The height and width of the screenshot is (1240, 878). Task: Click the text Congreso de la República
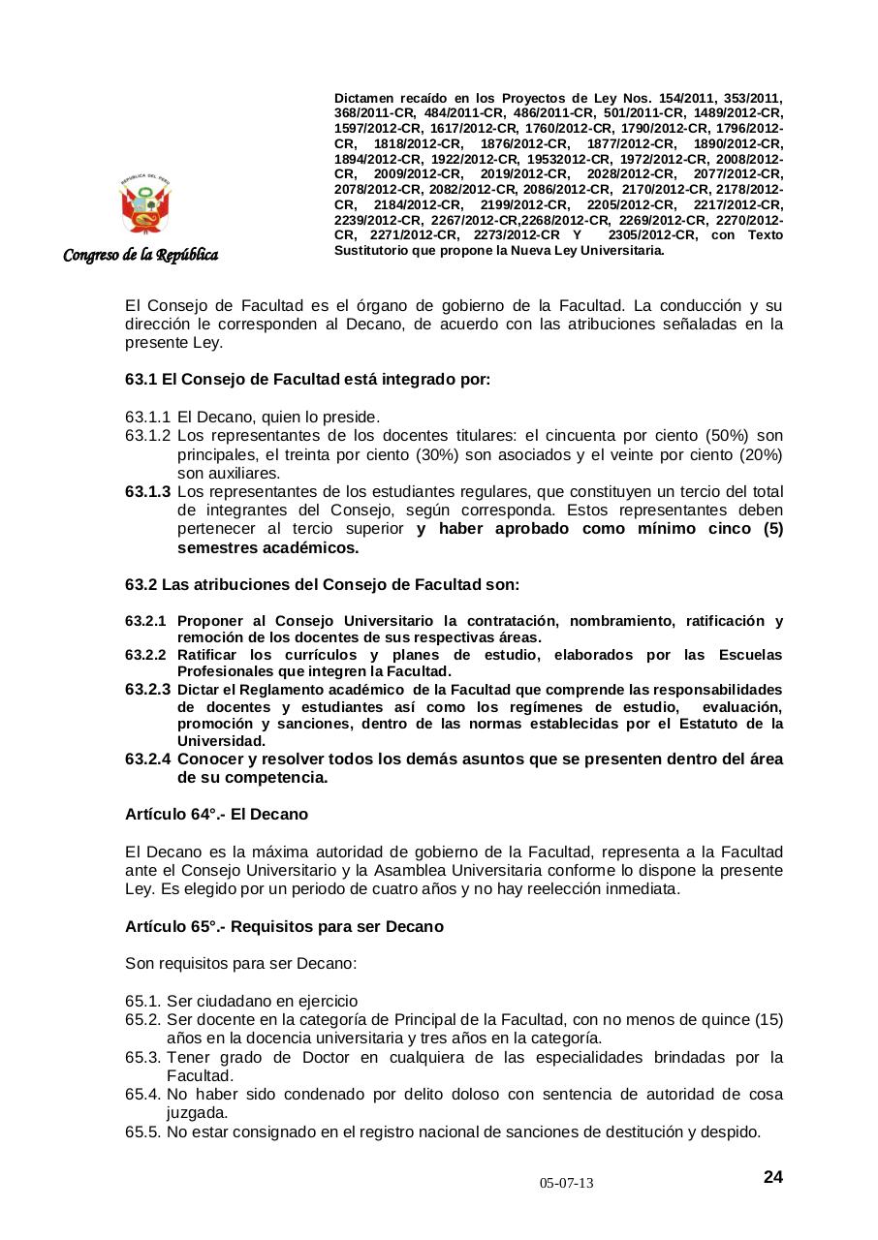point(141,255)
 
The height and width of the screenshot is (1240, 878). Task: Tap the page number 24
point(772,1177)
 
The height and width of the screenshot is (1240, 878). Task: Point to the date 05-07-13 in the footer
point(567,1184)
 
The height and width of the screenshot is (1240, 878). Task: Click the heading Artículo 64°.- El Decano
point(216,814)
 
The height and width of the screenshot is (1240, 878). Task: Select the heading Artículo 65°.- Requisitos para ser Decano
point(284,926)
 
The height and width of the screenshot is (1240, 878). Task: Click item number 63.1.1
point(147,418)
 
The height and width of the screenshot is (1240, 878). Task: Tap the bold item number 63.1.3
point(147,492)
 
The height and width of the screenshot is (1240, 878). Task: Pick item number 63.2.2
point(145,655)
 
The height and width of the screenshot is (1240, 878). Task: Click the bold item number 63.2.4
point(147,759)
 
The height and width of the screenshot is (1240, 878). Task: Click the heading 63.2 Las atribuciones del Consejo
point(322,585)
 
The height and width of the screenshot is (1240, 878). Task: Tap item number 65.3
point(143,1057)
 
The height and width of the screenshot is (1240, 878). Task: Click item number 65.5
point(143,1131)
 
